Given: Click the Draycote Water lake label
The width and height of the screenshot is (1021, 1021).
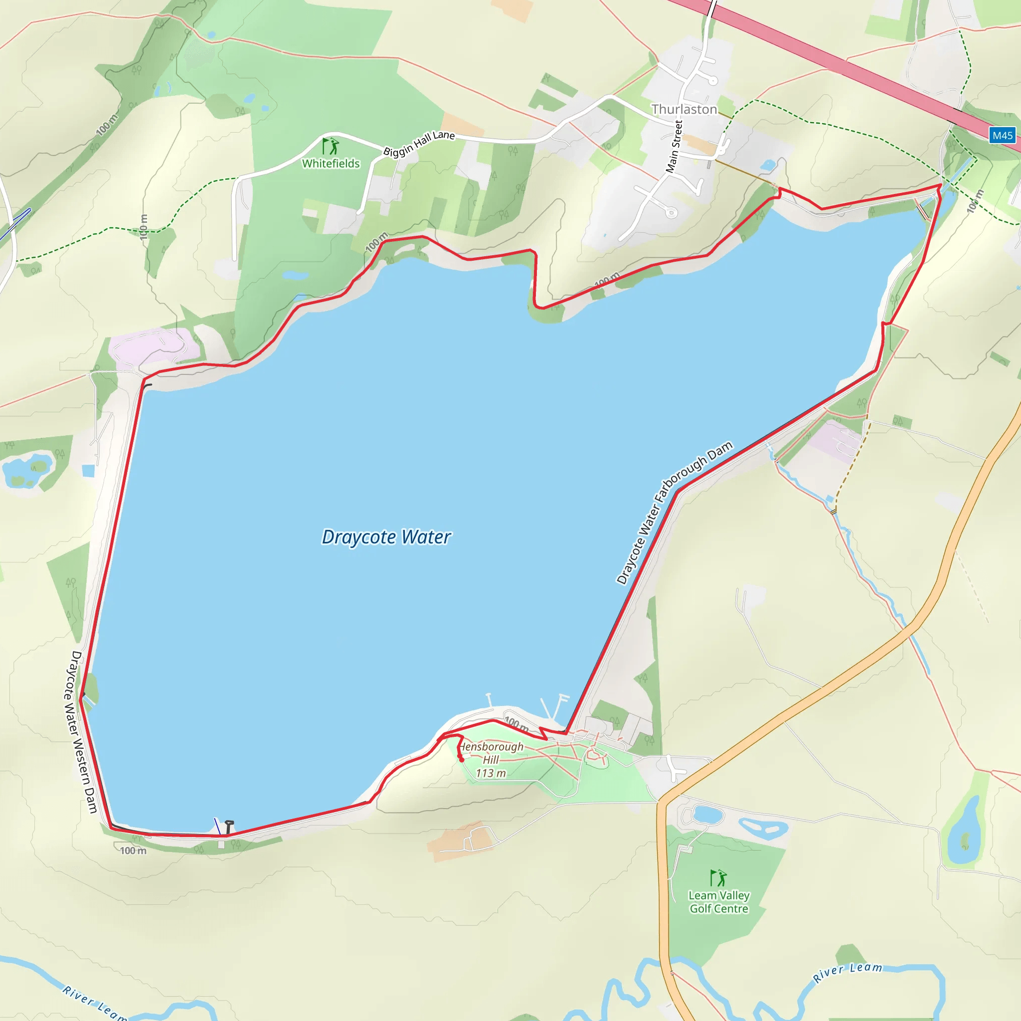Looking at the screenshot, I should pyautogui.click(x=386, y=537).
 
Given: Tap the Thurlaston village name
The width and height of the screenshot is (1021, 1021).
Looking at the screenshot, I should pyautogui.click(x=684, y=109).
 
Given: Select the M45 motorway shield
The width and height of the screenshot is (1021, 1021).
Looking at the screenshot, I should pyautogui.click(x=1002, y=135).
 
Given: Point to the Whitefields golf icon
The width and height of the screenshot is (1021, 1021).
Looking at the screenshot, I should pyautogui.click(x=332, y=146).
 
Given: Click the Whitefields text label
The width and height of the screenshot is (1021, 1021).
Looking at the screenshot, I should pyautogui.click(x=331, y=164).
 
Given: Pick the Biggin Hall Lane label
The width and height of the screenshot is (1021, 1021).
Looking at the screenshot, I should pyautogui.click(x=419, y=143).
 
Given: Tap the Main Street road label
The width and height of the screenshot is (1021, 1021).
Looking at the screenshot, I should pyautogui.click(x=675, y=147).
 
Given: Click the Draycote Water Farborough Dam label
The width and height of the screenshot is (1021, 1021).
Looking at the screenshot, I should pyautogui.click(x=675, y=512).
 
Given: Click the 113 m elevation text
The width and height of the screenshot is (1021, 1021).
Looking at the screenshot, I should pyautogui.click(x=491, y=773).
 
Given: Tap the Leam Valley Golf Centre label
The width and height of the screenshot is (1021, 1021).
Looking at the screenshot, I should pyautogui.click(x=719, y=902).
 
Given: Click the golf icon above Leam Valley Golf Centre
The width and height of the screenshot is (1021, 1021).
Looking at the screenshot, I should pyautogui.click(x=718, y=878).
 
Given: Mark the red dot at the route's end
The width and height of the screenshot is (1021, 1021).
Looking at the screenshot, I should pyautogui.click(x=461, y=759).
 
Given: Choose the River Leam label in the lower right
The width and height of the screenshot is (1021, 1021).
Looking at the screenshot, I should pyautogui.click(x=848, y=972).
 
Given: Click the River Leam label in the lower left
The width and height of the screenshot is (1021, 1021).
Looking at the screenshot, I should pyautogui.click(x=95, y=1003).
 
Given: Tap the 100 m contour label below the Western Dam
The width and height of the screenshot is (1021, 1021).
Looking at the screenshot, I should pyautogui.click(x=133, y=851).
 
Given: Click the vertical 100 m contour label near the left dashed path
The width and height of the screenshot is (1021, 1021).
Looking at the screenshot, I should pyautogui.click(x=144, y=227).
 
